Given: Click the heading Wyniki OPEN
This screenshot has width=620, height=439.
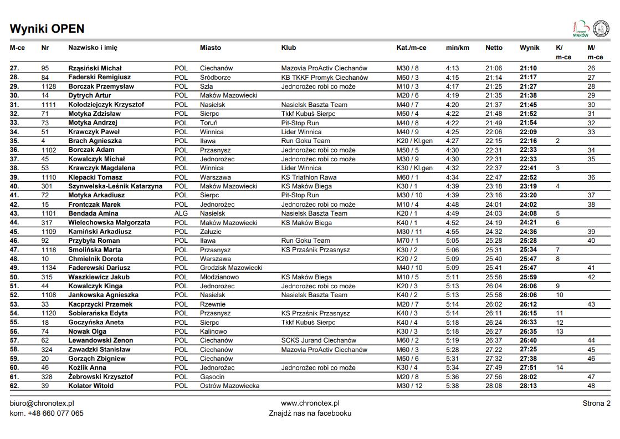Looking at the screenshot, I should point(47,29).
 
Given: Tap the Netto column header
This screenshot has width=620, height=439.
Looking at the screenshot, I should point(494,48).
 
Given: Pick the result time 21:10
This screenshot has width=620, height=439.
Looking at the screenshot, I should point(528,68).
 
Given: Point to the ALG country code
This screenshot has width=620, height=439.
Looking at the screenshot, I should point(181,213).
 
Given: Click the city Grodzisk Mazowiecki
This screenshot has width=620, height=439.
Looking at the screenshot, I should point(231,268).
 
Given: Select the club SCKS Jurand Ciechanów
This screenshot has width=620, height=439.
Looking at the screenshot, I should point(319,340).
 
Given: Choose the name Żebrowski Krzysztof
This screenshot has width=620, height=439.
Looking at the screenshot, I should point(100,377).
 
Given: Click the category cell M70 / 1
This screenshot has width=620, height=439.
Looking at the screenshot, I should point(407,241).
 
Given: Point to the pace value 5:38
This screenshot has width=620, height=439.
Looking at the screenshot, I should point(452,386).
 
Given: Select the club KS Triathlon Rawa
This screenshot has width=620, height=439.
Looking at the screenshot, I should point(309,177).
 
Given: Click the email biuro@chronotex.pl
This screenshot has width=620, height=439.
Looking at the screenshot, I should point(42,404).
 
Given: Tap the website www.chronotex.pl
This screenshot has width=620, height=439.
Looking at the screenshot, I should point(310,404).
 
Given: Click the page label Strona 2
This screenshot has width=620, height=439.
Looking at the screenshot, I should point(596,403).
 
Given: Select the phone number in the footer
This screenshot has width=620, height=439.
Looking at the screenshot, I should point(47,413).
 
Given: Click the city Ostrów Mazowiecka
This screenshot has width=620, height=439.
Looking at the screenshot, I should point(229,386).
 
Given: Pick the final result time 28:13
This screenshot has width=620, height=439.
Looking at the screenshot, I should point(528,386).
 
